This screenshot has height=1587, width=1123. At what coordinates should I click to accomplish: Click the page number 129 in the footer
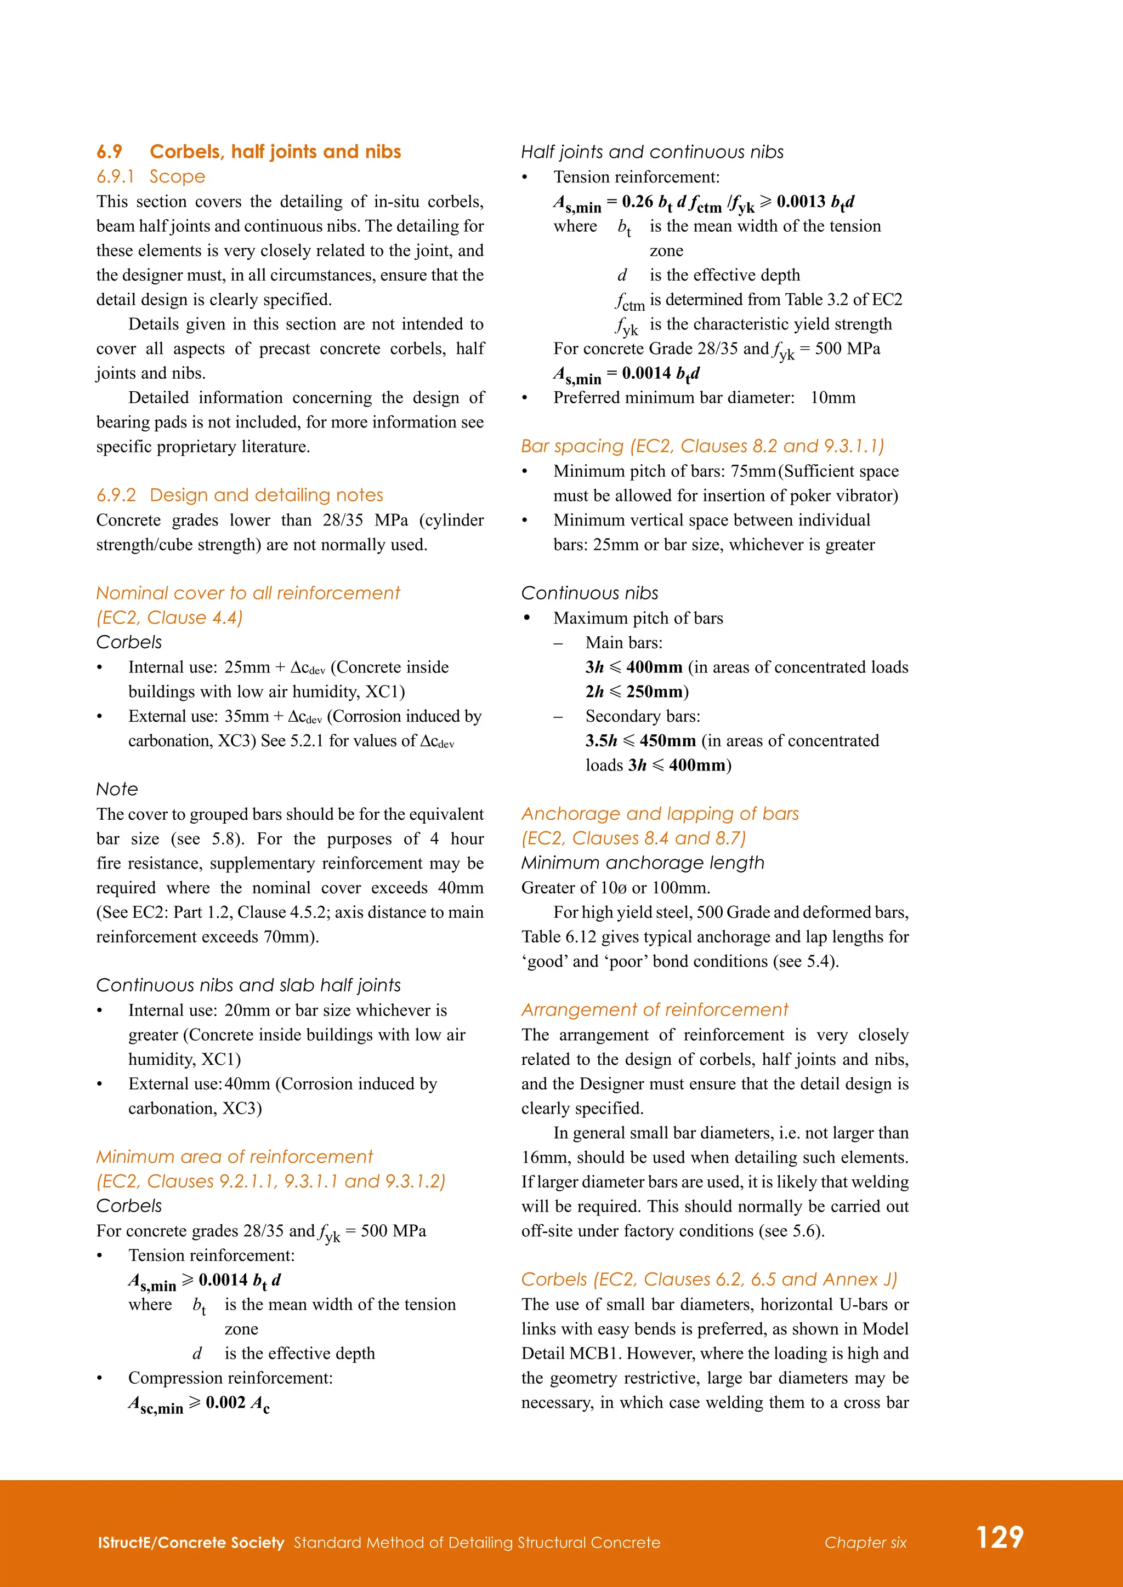click(x=999, y=1537)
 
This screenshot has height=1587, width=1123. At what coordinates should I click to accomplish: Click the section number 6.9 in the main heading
click(x=109, y=152)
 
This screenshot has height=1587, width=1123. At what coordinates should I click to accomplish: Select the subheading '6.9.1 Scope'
click(x=151, y=177)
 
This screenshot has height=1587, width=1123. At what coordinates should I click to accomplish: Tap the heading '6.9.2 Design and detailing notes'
click(x=239, y=495)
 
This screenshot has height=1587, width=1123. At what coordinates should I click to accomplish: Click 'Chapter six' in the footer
click(x=865, y=1543)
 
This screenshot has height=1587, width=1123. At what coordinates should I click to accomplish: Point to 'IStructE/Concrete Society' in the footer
click(x=191, y=1543)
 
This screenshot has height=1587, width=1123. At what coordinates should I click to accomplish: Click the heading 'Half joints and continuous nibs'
click(x=652, y=152)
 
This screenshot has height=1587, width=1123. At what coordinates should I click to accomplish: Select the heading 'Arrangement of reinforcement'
click(x=654, y=1010)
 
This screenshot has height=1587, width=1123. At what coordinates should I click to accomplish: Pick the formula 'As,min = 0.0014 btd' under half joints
click(x=627, y=374)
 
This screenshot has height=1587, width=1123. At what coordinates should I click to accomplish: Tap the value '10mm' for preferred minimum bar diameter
click(x=832, y=398)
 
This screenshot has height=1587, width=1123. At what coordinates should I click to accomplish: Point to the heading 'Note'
click(x=117, y=789)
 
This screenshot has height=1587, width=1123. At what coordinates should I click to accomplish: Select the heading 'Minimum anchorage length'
click(x=643, y=863)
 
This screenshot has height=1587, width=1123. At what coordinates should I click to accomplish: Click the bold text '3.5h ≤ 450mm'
click(x=640, y=741)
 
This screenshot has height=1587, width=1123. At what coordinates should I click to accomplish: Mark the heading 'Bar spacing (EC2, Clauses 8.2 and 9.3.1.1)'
click(x=702, y=447)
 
